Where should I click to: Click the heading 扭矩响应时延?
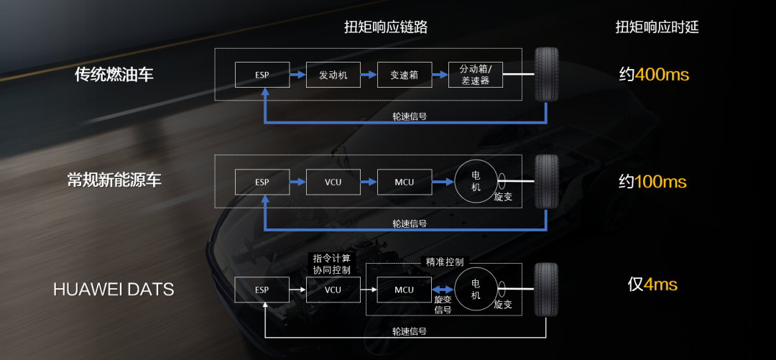pyautogui.click(x=657, y=27)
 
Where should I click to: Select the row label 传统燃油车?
pyautogui.click(x=114, y=74)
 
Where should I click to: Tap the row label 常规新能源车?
pyautogui.click(x=114, y=180)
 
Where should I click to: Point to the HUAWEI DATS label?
pyautogui.click(x=114, y=290)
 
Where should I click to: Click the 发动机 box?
pyautogui.click(x=333, y=75)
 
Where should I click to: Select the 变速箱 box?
pyautogui.click(x=404, y=75)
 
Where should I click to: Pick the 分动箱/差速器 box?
pyautogui.click(x=475, y=75)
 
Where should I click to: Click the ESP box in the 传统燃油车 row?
pyautogui.click(x=262, y=75)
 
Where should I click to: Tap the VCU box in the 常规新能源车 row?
pyautogui.click(x=333, y=182)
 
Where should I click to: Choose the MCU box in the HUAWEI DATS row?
pyautogui.click(x=404, y=290)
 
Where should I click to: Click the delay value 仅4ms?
pyautogui.click(x=652, y=285)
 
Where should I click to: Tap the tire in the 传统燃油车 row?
pyautogui.click(x=547, y=74)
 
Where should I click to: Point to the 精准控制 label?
pyautogui.click(x=445, y=262)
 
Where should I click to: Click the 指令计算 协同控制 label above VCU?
pyautogui.click(x=332, y=264)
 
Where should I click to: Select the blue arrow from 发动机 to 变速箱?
pyautogui.click(x=368, y=75)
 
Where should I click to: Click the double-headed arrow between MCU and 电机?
pyautogui.click(x=443, y=290)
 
